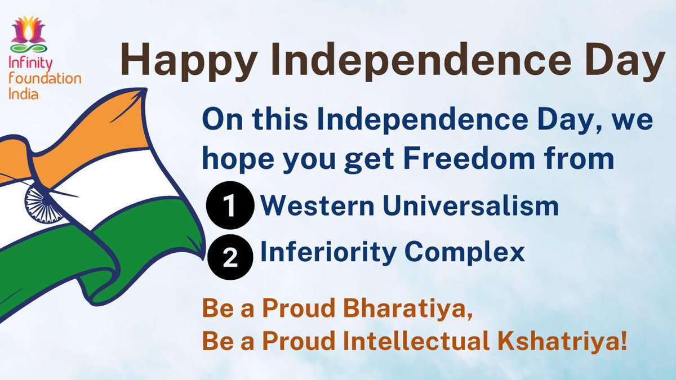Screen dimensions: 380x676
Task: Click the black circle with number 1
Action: (230, 207)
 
